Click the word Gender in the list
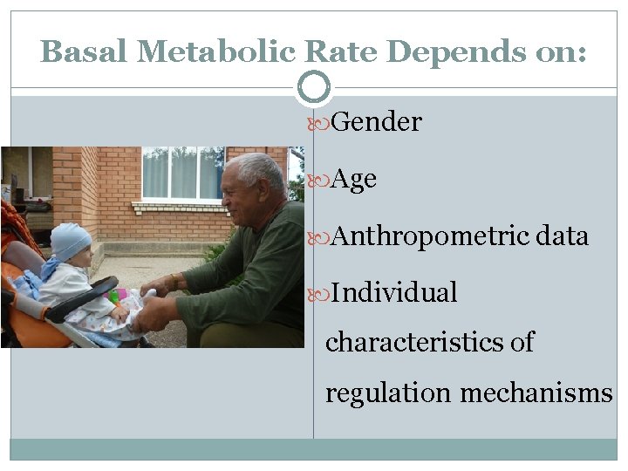point(376,122)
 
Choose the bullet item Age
point(354,180)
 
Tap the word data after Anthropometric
point(563,236)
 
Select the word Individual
point(394,293)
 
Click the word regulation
point(388,392)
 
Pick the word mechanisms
point(536,392)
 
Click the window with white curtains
point(181,173)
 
